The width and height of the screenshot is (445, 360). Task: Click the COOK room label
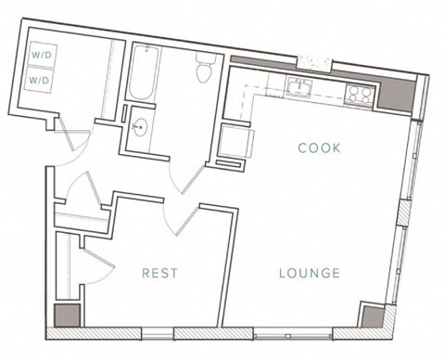(x=320, y=148)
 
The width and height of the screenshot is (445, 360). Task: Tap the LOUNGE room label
(x=310, y=273)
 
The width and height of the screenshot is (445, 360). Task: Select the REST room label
(x=159, y=273)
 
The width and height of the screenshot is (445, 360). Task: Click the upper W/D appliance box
(x=41, y=56)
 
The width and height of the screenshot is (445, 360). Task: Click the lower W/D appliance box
(x=40, y=80)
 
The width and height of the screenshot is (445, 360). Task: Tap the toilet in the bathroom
(x=206, y=68)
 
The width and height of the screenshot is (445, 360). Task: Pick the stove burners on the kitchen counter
(x=359, y=93)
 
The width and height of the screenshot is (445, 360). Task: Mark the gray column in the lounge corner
(x=371, y=315)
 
